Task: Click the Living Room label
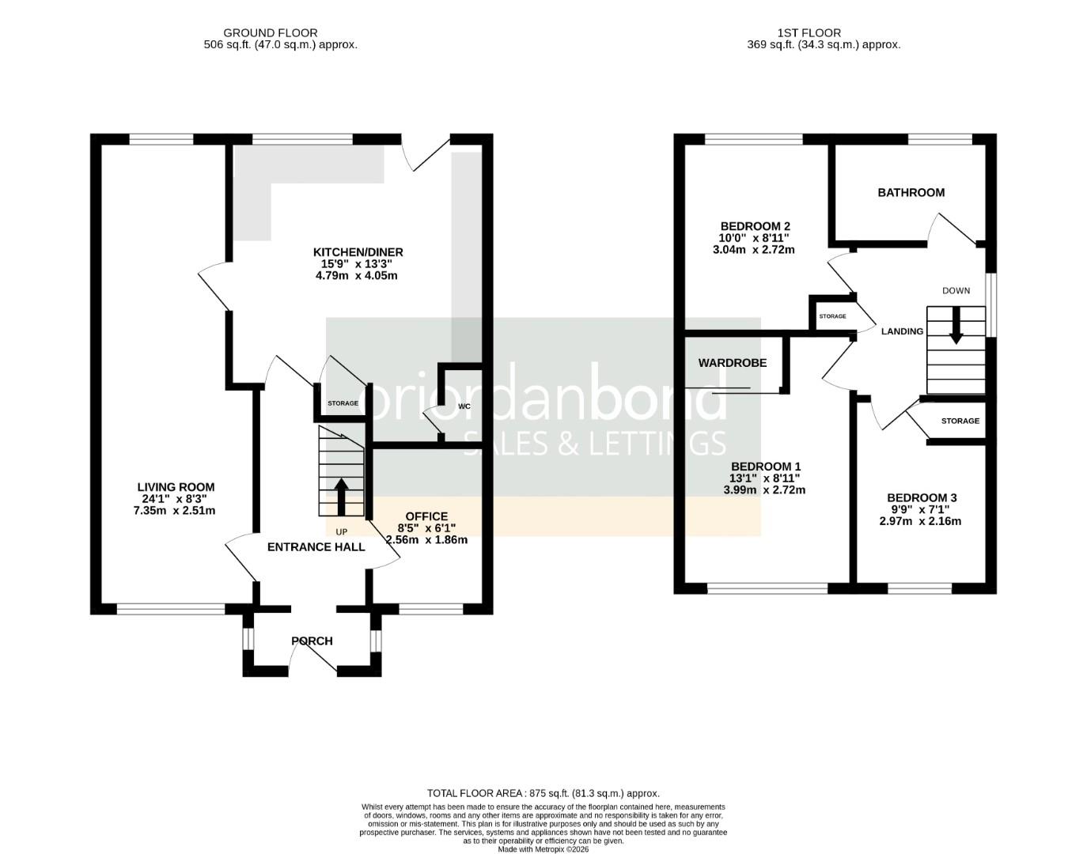(176, 487)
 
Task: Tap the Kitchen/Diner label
(358, 252)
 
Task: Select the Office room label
(426, 516)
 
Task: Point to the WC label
(464, 406)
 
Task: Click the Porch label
(312, 640)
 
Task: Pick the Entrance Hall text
(316, 546)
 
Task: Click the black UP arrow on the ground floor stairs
(341, 496)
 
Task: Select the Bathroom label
(911, 192)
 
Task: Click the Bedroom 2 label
(754, 225)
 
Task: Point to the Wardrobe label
(732, 363)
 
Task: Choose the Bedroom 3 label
(921, 497)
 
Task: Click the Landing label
(902, 331)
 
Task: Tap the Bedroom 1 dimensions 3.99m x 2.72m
(764, 489)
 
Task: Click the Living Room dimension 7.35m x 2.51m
(174, 511)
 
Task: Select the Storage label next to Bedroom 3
(960, 421)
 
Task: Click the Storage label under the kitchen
(343, 403)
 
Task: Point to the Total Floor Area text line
(543, 793)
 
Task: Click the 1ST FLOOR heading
(809, 32)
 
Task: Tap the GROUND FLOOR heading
(270, 32)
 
